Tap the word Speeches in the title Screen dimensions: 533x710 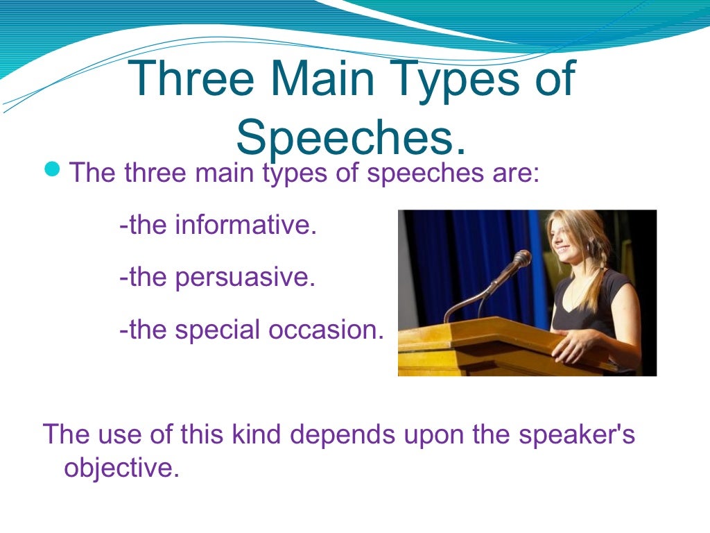tap(350, 137)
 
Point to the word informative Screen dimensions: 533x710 tap(245, 225)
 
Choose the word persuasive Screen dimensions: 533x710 tap(245, 277)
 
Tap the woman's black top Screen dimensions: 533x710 tap(589, 305)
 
